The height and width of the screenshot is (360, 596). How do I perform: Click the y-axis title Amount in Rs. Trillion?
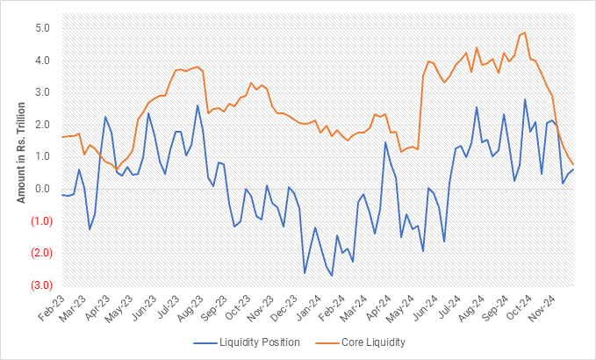coord(21,157)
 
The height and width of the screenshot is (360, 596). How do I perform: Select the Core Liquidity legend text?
coord(376,341)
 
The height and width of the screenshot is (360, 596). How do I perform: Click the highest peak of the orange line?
coord(524,32)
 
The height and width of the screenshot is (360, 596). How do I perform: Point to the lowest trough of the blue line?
coord(332,276)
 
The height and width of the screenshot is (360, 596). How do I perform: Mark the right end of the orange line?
coord(574,164)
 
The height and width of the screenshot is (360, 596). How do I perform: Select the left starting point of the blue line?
coord(61,194)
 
